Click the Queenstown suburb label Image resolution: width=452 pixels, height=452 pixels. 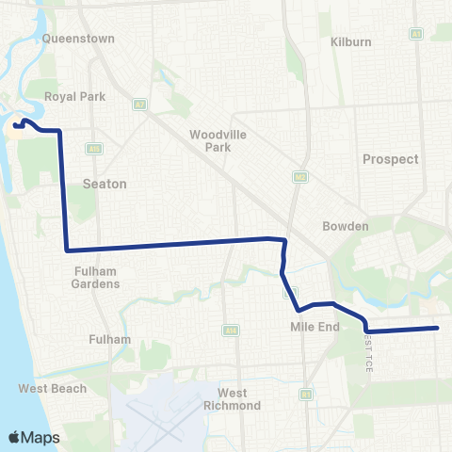tap(78, 39)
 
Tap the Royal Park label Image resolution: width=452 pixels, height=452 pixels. tap(74, 96)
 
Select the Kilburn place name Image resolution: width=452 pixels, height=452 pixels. tap(351, 42)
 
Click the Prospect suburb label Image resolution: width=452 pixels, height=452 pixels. tap(390, 159)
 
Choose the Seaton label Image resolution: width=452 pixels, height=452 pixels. tap(104, 184)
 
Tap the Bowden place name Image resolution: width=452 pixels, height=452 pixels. tap(345, 227)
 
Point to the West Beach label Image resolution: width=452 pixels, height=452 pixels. tap(53, 388)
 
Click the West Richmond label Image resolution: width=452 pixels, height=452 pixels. tap(233, 399)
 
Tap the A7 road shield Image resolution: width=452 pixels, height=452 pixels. tap(139, 104)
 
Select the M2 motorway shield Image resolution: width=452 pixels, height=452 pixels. tap(299, 176)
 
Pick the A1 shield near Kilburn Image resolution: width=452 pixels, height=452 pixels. tap(415, 33)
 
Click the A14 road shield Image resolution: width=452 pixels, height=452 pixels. tap(230, 331)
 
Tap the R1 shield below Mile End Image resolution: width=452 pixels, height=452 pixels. tap(306, 394)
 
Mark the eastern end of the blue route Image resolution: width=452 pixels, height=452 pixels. tap(438, 328)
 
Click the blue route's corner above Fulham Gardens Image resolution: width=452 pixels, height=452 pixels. tap(66, 250)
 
